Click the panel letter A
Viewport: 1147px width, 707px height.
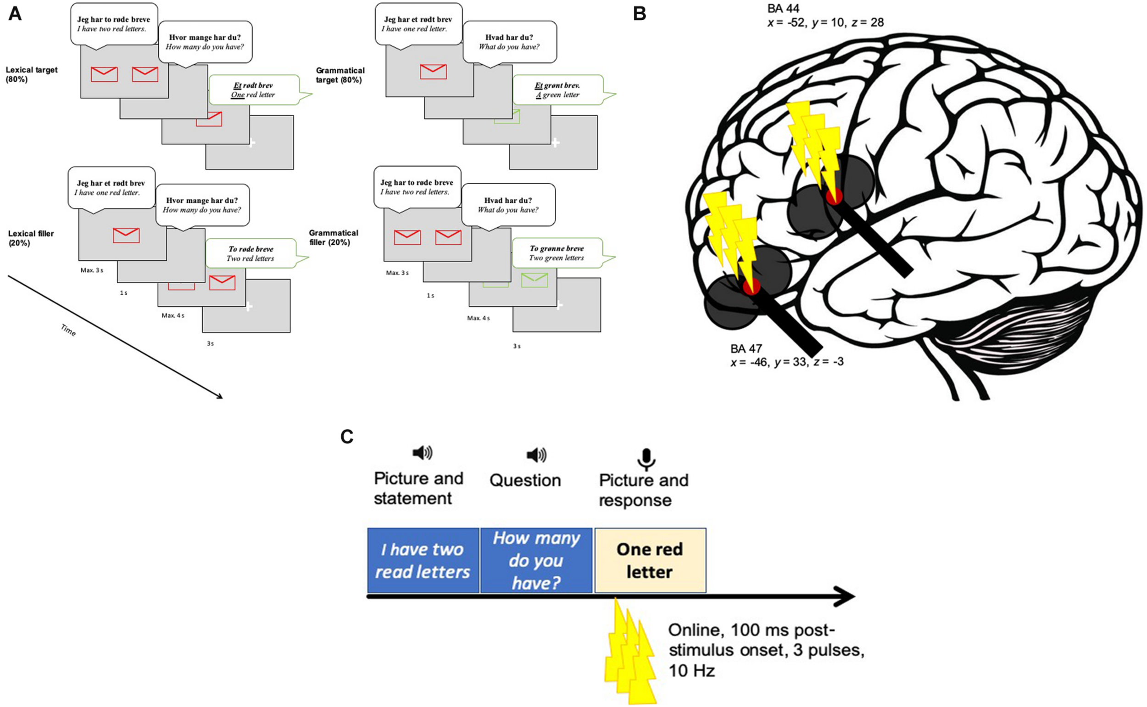point(15,14)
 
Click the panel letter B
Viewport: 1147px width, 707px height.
point(639,14)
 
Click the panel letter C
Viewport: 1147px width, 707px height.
point(347,436)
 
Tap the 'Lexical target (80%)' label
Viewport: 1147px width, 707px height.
point(31,74)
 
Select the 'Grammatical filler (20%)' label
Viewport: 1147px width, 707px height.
point(333,237)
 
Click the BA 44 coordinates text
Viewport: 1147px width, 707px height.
point(825,22)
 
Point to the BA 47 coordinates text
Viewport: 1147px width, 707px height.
point(787,361)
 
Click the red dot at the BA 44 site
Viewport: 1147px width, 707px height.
point(834,196)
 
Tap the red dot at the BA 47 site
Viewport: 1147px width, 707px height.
point(751,286)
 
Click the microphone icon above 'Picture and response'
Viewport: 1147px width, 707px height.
point(646,459)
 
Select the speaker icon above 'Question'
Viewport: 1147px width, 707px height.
point(536,454)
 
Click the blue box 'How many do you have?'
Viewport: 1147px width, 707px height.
point(536,560)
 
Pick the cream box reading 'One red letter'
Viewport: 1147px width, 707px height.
point(650,560)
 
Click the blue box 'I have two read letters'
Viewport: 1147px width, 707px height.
point(423,560)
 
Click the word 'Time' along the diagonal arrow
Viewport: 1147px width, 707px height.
point(68,330)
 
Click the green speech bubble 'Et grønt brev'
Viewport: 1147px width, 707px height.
point(558,90)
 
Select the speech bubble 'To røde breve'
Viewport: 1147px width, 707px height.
point(251,253)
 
